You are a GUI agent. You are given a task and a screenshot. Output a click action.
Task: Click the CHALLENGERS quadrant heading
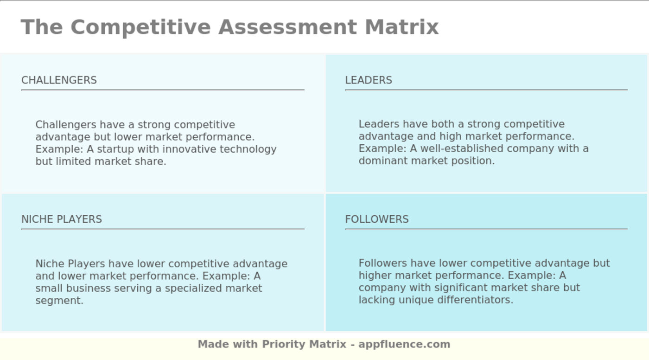[x=59, y=80]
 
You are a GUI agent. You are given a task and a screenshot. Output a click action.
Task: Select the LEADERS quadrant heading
[x=369, y=80]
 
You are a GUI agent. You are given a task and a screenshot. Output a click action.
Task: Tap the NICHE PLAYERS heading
[x=62, y=219]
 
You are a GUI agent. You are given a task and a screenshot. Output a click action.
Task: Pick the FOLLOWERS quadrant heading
[x=377, y=219]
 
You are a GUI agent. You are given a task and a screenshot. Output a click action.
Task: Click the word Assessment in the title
[x=288, y=27]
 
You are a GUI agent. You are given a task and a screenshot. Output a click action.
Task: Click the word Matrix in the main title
[x=401, y=27]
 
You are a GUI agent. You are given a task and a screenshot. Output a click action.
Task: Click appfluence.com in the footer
[x=404, y=344]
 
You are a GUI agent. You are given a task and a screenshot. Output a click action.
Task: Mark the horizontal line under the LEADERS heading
[x=486, y=90]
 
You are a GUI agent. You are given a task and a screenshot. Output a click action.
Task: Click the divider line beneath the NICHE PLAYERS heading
[x=163, y=229]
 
